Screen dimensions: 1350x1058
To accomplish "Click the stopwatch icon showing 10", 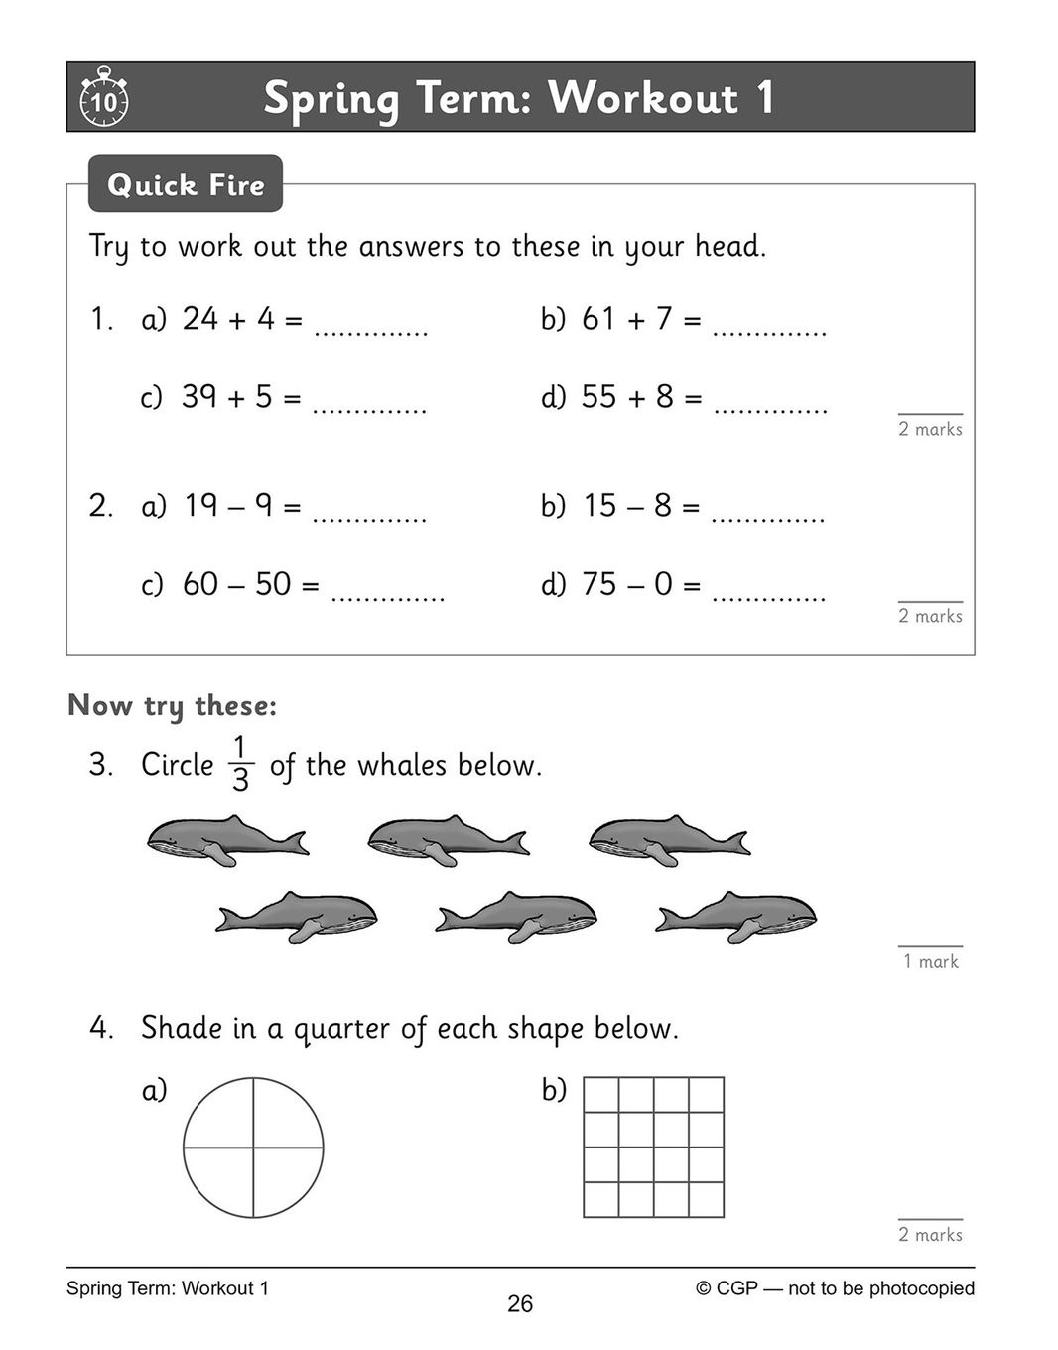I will pos(103,97).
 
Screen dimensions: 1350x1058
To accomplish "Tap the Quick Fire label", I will pos(186,184).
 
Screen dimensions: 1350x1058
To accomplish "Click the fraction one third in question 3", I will pos(240,763).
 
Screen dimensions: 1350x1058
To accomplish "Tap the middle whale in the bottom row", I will pos(516,915).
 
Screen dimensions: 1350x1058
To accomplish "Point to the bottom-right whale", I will pos(736,915).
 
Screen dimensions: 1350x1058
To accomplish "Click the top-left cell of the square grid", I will pos(601,1095).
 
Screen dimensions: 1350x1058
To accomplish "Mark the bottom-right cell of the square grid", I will pos(706,1199).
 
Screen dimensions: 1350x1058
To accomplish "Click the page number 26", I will pos(520,1304).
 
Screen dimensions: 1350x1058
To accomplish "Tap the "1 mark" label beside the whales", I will pos(930,961).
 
